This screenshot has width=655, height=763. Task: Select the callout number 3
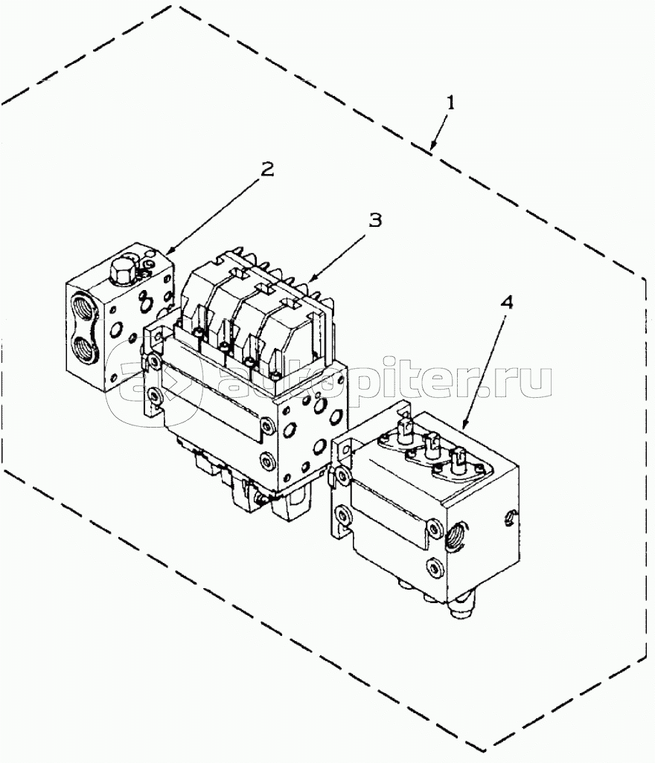click(x=377, y=221)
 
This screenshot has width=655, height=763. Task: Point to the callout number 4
click(x=507, y=304)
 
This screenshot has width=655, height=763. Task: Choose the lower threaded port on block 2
click(x=83, y=346)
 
